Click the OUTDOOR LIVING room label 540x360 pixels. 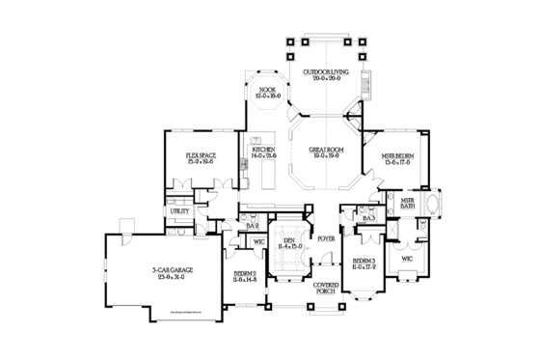pos(320,72)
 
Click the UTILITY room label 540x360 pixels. pos(179,209)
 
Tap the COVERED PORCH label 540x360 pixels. pos(324,291)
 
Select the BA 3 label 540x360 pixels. pos(368,219)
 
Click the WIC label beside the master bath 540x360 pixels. pos(406,259)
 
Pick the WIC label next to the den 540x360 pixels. pos(258,241)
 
